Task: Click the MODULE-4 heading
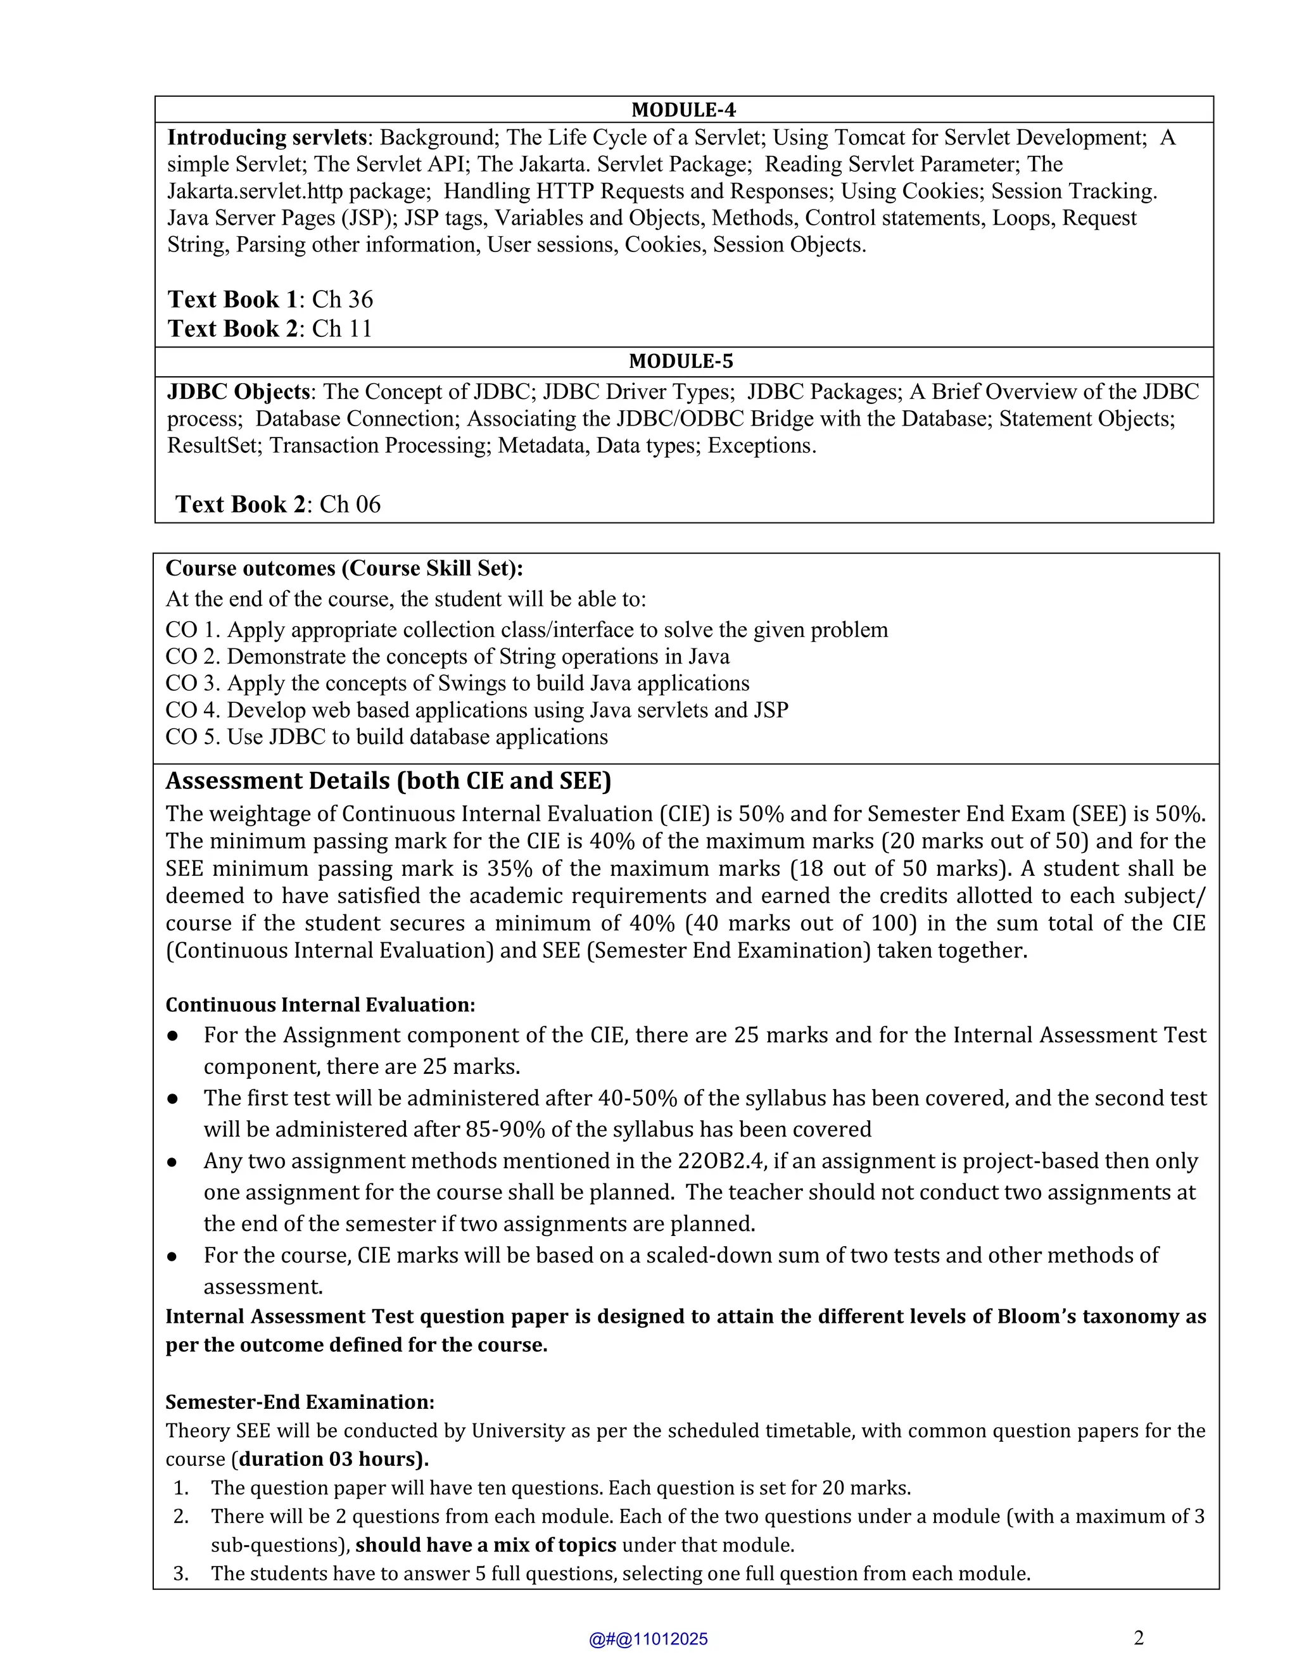pyautogui.click(x=683, y=110)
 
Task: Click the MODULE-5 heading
pyautogui.click(x=681, y=361)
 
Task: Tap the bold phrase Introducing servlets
pyautogui.click(x=267, y=137)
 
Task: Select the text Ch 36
pyautogui.click(x=342, y=299)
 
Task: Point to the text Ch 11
pyautogui.click(x=341, y=328)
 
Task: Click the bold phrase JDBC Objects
pyautogui.click(x=238, y=392)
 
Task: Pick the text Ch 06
pyautogui.click(x=350, y=504)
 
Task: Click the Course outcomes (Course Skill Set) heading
pyautogui.click(x=345, y=568)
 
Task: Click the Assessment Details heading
pyautogui.click(x=388, y=781)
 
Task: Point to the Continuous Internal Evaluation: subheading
pyautogui.click(x=320, y=1005)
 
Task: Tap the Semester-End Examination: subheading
pyautogui.click(x=300, y=1402)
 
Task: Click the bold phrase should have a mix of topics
pyautogui.click(x=486, y=1545)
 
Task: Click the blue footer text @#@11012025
pyautogui.click(x=648, y=1639)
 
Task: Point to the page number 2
pyautogui.click(x=1139, y=1638)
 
